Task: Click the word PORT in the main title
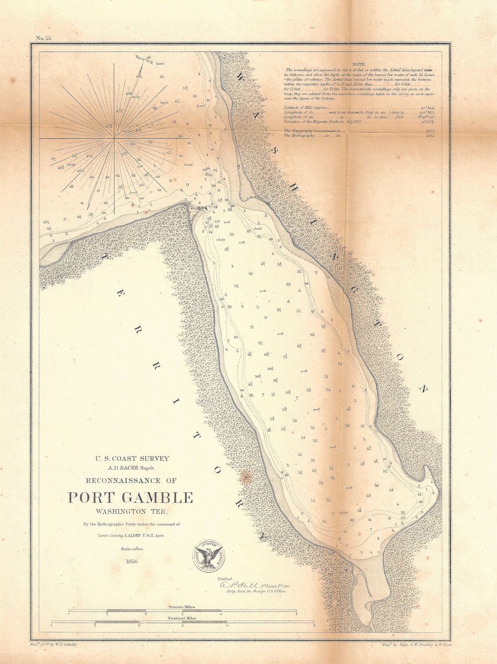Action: click(x=90, y=498)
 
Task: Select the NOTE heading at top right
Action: click(x=359, y=64)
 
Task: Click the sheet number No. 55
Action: click(x=44, y=39)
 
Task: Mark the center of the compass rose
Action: click(x=116, y=139)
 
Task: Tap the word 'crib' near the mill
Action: click(x=216, y=221)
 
